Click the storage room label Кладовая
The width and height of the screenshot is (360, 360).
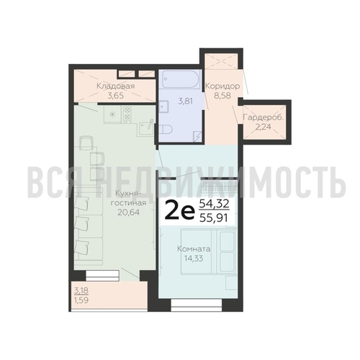click(115, 86)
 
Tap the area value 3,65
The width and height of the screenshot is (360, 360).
click(115, 96)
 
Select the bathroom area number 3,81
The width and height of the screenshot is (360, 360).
click(185, 102)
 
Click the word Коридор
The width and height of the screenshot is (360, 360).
click(222, 86)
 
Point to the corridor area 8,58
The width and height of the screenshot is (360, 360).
click(222, 96)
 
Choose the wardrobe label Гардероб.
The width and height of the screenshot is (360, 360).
click(264, 117)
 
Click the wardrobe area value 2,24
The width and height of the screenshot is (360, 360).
click(264, 127)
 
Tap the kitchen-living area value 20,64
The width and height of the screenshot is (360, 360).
click(128, 212)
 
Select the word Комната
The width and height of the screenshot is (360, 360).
click(194, 248)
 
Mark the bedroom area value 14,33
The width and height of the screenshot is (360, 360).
click(194, 258)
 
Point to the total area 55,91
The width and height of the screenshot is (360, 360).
click(214, 218)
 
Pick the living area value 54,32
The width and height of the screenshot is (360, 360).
click(214, 204)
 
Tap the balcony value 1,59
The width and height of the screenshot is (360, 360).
click(81, 300)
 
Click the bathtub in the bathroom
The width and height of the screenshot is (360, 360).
click(181, 79)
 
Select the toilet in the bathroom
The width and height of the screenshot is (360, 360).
click(166, 130)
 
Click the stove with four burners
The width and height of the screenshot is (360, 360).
click(127, 114)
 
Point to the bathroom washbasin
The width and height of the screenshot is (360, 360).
click(163, 107)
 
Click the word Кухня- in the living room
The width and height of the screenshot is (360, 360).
click(127, 194)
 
